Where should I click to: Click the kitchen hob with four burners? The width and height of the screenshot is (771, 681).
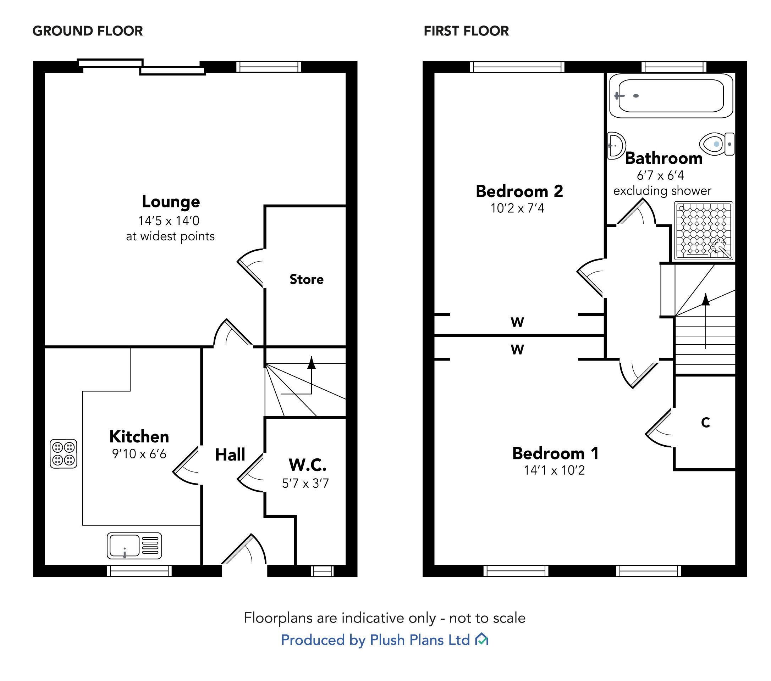[x=64, y=454]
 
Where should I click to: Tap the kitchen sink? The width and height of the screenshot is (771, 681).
[x=134, y=545]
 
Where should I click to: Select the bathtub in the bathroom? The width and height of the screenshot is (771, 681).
[x=671, y=96]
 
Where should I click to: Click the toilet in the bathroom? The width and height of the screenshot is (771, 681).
[x=716, y=144]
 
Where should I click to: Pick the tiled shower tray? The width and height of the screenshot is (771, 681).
[x=704, y=231]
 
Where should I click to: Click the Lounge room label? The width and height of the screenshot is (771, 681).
[x=171, y=202]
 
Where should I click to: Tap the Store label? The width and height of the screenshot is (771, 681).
[x=306, y=279]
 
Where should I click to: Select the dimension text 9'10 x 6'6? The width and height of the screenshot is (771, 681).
[x=139, y=454]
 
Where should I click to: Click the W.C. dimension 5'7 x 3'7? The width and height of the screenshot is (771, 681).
[x=305, y=483]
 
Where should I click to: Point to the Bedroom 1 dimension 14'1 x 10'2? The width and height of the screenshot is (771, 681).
[x=554, y=470]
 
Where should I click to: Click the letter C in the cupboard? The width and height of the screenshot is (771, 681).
[x=705, y=423]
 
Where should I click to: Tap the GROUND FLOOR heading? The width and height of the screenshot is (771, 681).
[x=88, y=31]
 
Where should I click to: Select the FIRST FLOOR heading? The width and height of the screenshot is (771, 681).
[x=466, y=31]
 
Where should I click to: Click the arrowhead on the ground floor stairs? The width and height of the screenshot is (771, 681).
[x=311, y=363]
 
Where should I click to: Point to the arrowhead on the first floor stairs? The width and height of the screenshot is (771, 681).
[x=706, y=299]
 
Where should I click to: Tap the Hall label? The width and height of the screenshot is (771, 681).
[x=230, y=455]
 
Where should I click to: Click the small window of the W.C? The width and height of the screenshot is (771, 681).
[x=322, y=571]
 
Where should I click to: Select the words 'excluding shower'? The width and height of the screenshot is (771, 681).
[x=662, y=191]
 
